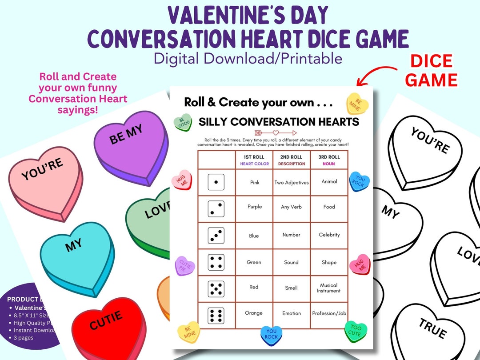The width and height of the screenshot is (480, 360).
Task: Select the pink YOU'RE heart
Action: coord(44,178)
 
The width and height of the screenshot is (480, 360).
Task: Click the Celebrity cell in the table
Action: coord(329,235)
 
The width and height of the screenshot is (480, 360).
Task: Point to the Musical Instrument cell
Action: coord(329,288)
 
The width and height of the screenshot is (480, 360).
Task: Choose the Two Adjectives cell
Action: coord(292,182)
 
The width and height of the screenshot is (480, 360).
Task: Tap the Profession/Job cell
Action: coord(329,313)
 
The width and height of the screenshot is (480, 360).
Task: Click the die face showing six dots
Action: coord(216,315)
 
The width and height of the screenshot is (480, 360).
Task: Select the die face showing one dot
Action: coord(216,182)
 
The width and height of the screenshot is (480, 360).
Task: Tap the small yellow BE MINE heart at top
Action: coord(357,104)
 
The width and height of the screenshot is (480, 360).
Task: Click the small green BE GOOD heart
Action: coord(183,122)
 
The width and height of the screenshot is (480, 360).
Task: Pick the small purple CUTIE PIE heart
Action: coord(185,266)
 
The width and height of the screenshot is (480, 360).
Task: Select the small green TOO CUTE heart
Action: coord(356,331)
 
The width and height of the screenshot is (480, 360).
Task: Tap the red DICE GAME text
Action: coord(431,71)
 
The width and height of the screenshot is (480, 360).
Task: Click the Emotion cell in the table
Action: coord(292,313)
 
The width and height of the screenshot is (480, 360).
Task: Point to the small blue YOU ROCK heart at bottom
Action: coord(271,335)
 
